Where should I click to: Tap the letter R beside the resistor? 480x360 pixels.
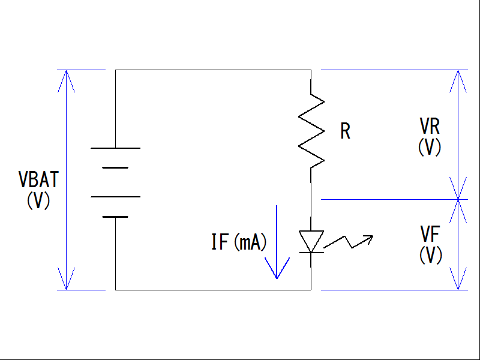click(x=345, y=131)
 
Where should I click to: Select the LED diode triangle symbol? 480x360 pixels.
click(x=311, y=241)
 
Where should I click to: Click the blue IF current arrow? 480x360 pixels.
click(x=277, y=242)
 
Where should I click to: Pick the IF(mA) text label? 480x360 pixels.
click(x=239, y=242)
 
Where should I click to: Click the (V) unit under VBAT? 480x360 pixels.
click(x=38, y=200)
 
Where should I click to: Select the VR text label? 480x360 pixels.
click(x=430, y=127)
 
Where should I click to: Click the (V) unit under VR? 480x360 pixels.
click(x=430, y=147)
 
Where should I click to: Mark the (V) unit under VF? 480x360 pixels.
click(x=430, y=255)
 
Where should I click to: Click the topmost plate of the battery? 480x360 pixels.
click(x=115, y=148)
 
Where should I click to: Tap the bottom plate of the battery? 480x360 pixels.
click(x=115, y=217)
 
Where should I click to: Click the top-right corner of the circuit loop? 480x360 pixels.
click(x=311, y=70)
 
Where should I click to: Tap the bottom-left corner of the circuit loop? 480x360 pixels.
click(x=115, y=290)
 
